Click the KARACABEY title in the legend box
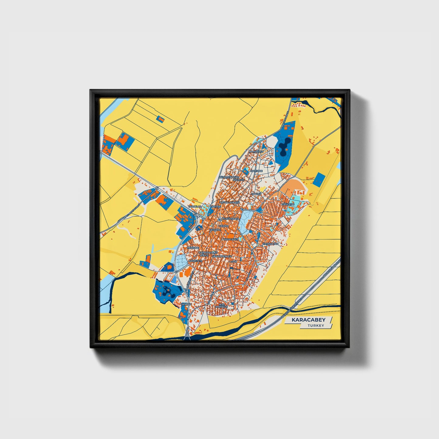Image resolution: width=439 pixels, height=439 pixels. [x=308, y=320]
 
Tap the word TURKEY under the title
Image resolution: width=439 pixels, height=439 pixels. [x=316, y=326]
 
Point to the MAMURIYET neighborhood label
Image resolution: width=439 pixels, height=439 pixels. [x=256, y=151]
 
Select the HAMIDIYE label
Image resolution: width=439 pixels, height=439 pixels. [x=256, y=171]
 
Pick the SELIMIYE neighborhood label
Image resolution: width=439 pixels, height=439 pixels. [x=238, y=180]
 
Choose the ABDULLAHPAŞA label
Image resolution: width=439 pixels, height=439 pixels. [x=230, y=202]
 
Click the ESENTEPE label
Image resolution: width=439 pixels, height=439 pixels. [x=288, y=204]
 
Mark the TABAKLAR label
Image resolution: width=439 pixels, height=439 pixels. [x=195, y=207]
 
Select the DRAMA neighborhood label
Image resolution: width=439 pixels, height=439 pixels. [x=224, y=226]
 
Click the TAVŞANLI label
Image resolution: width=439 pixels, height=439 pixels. [x=214, y=230]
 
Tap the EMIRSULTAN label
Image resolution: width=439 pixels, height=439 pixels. [x=270, y=244]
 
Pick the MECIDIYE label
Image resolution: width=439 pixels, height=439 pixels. [x=193, y=248]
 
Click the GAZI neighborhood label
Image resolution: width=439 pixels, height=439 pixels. [x=233, y=261]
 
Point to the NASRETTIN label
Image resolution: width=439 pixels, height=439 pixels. [x=195, y=261]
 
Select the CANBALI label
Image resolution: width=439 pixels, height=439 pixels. [x=186, y=304]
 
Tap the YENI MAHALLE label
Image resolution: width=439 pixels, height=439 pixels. [x=221, y=306]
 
